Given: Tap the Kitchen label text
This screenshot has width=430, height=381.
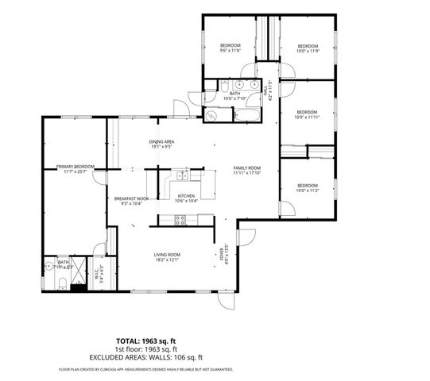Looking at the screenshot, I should (x=186, y=195).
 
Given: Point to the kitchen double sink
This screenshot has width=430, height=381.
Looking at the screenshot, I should (x=183, y=175).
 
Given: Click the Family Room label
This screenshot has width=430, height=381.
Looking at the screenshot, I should (x=246, y=168).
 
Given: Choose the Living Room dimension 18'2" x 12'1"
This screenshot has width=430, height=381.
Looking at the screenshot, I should (x=167, y=259).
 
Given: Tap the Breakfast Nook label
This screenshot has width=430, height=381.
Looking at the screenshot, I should (x=131, y=198).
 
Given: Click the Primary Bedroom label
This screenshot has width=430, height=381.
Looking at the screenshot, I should (x=76, y=167).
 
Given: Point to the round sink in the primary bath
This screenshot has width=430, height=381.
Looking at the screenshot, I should (x=48, y=266).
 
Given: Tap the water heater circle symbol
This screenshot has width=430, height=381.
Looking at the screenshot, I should (x=211, y=116).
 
